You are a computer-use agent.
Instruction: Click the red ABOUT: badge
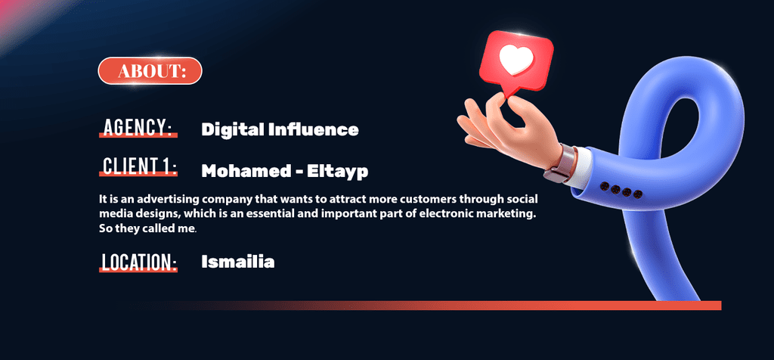(x=150, y=71)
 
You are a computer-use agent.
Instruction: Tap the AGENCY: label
(x=138, y=127)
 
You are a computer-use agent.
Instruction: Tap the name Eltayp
(x=338, y=172)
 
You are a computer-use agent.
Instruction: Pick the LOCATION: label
(x=138, y=262)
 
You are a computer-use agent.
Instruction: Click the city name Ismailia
(x=238, y=261)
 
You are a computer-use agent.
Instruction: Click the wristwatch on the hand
(x=560, y=163)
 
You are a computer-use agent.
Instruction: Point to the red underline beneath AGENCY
(x=138, y=135)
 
